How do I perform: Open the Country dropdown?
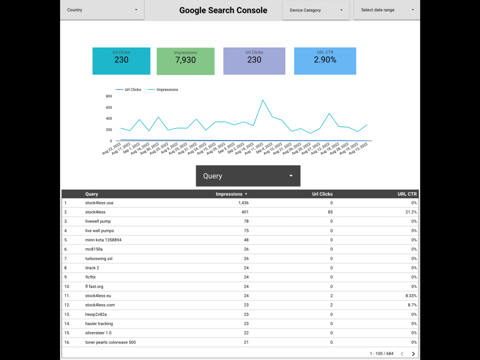[102, 10]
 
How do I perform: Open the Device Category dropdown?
[315, 10]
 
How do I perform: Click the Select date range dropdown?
[386, 10]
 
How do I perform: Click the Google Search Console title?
[223, 10]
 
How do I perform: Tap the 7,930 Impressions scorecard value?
[186, 60]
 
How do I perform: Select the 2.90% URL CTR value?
[325, 60]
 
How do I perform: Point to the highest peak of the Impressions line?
[263, 100]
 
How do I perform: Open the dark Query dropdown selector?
[248, 176]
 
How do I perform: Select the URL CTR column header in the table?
[408, 194]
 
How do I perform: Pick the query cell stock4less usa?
[99, 203]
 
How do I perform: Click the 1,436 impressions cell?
[243, 203]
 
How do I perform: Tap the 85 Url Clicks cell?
[329, 212]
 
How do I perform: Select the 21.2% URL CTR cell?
[411, 212]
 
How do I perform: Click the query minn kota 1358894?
[103, 240]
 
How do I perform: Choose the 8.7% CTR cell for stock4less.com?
[412, 305]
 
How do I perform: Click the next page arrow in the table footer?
[413, 354]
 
